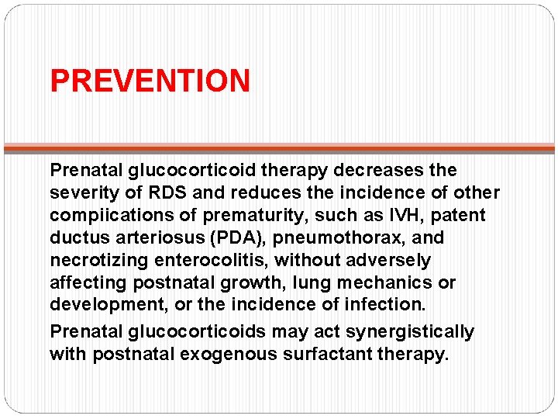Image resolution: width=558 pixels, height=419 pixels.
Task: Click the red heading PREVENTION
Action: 150,81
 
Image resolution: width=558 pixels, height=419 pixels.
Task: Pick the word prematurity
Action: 253,215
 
